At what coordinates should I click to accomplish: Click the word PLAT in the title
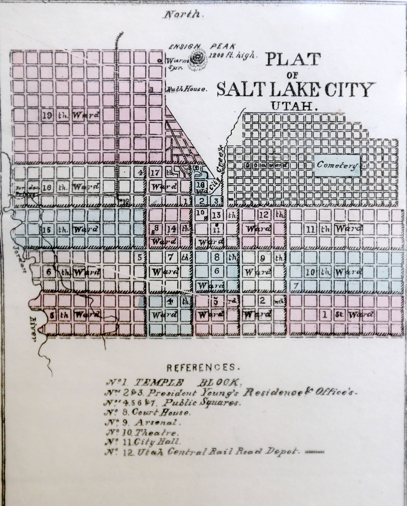point(293,60)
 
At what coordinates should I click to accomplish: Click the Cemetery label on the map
point(337,165)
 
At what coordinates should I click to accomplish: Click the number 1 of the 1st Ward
point(325,315)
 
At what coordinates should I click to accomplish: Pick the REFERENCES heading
point(203,368)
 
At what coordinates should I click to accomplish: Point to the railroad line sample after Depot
point(314,452)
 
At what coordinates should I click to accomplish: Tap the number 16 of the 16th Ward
point(47,187)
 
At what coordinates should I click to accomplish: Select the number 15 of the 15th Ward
point(47,229)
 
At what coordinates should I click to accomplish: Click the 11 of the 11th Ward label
point(310,229)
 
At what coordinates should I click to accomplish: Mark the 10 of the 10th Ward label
point(311,272)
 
